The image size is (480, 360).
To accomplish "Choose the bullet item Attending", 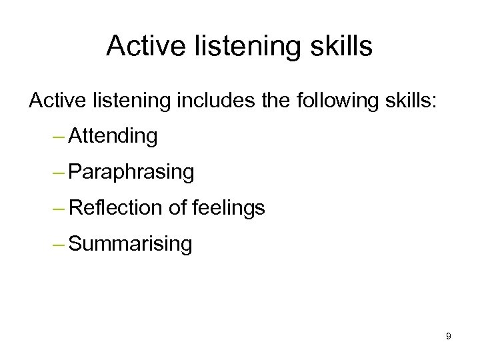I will pyautogui.click(x=113, y=137).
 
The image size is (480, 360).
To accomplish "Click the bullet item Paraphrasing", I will pyautogui.click(x=131, y=173).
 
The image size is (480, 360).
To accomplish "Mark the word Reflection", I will pyautogui.click(x=116, y=209).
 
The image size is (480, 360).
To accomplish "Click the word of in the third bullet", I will pyautogui.click(x=177, y=209).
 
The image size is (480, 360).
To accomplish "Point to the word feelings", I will pyautogui.click(x=228, y=209).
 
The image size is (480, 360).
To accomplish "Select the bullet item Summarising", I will pyautogui.click(x=130, y=244).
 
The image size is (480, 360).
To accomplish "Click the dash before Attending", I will pyautogui.click(x=58, y=137).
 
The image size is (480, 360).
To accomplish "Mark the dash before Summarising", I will pyautogui.click(x=58, y=245).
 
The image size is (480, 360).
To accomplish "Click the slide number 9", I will pyautogui.click(x=449, y=337).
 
